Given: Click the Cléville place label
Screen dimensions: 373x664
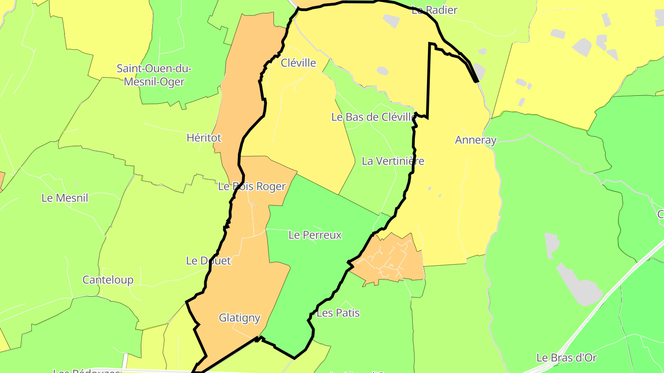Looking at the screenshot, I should (298, 63).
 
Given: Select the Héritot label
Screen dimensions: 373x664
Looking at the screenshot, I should (204, 138).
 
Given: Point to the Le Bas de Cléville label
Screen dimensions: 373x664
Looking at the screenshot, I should (373, 117).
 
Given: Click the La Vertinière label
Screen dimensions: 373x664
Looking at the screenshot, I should (393, 161).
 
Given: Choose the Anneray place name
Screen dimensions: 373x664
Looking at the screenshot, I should (475, 140).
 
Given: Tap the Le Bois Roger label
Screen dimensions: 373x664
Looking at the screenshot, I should (252, 186).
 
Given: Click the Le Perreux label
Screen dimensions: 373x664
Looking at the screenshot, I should (315, 235).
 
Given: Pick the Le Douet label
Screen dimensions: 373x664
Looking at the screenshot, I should (208, 261).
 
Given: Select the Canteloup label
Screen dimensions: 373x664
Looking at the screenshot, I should (108, 280).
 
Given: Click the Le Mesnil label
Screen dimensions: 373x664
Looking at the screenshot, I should (65, 198).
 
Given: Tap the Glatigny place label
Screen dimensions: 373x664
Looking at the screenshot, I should (239, 318).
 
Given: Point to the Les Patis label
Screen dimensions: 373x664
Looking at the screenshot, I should (338, 313).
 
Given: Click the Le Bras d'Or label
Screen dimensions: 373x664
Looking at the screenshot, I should (567, 358).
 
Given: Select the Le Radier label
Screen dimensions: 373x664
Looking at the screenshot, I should (434, 10).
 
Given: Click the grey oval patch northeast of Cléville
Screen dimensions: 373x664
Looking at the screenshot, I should (383, 71).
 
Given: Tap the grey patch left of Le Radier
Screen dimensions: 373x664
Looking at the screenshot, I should (391, 21).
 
